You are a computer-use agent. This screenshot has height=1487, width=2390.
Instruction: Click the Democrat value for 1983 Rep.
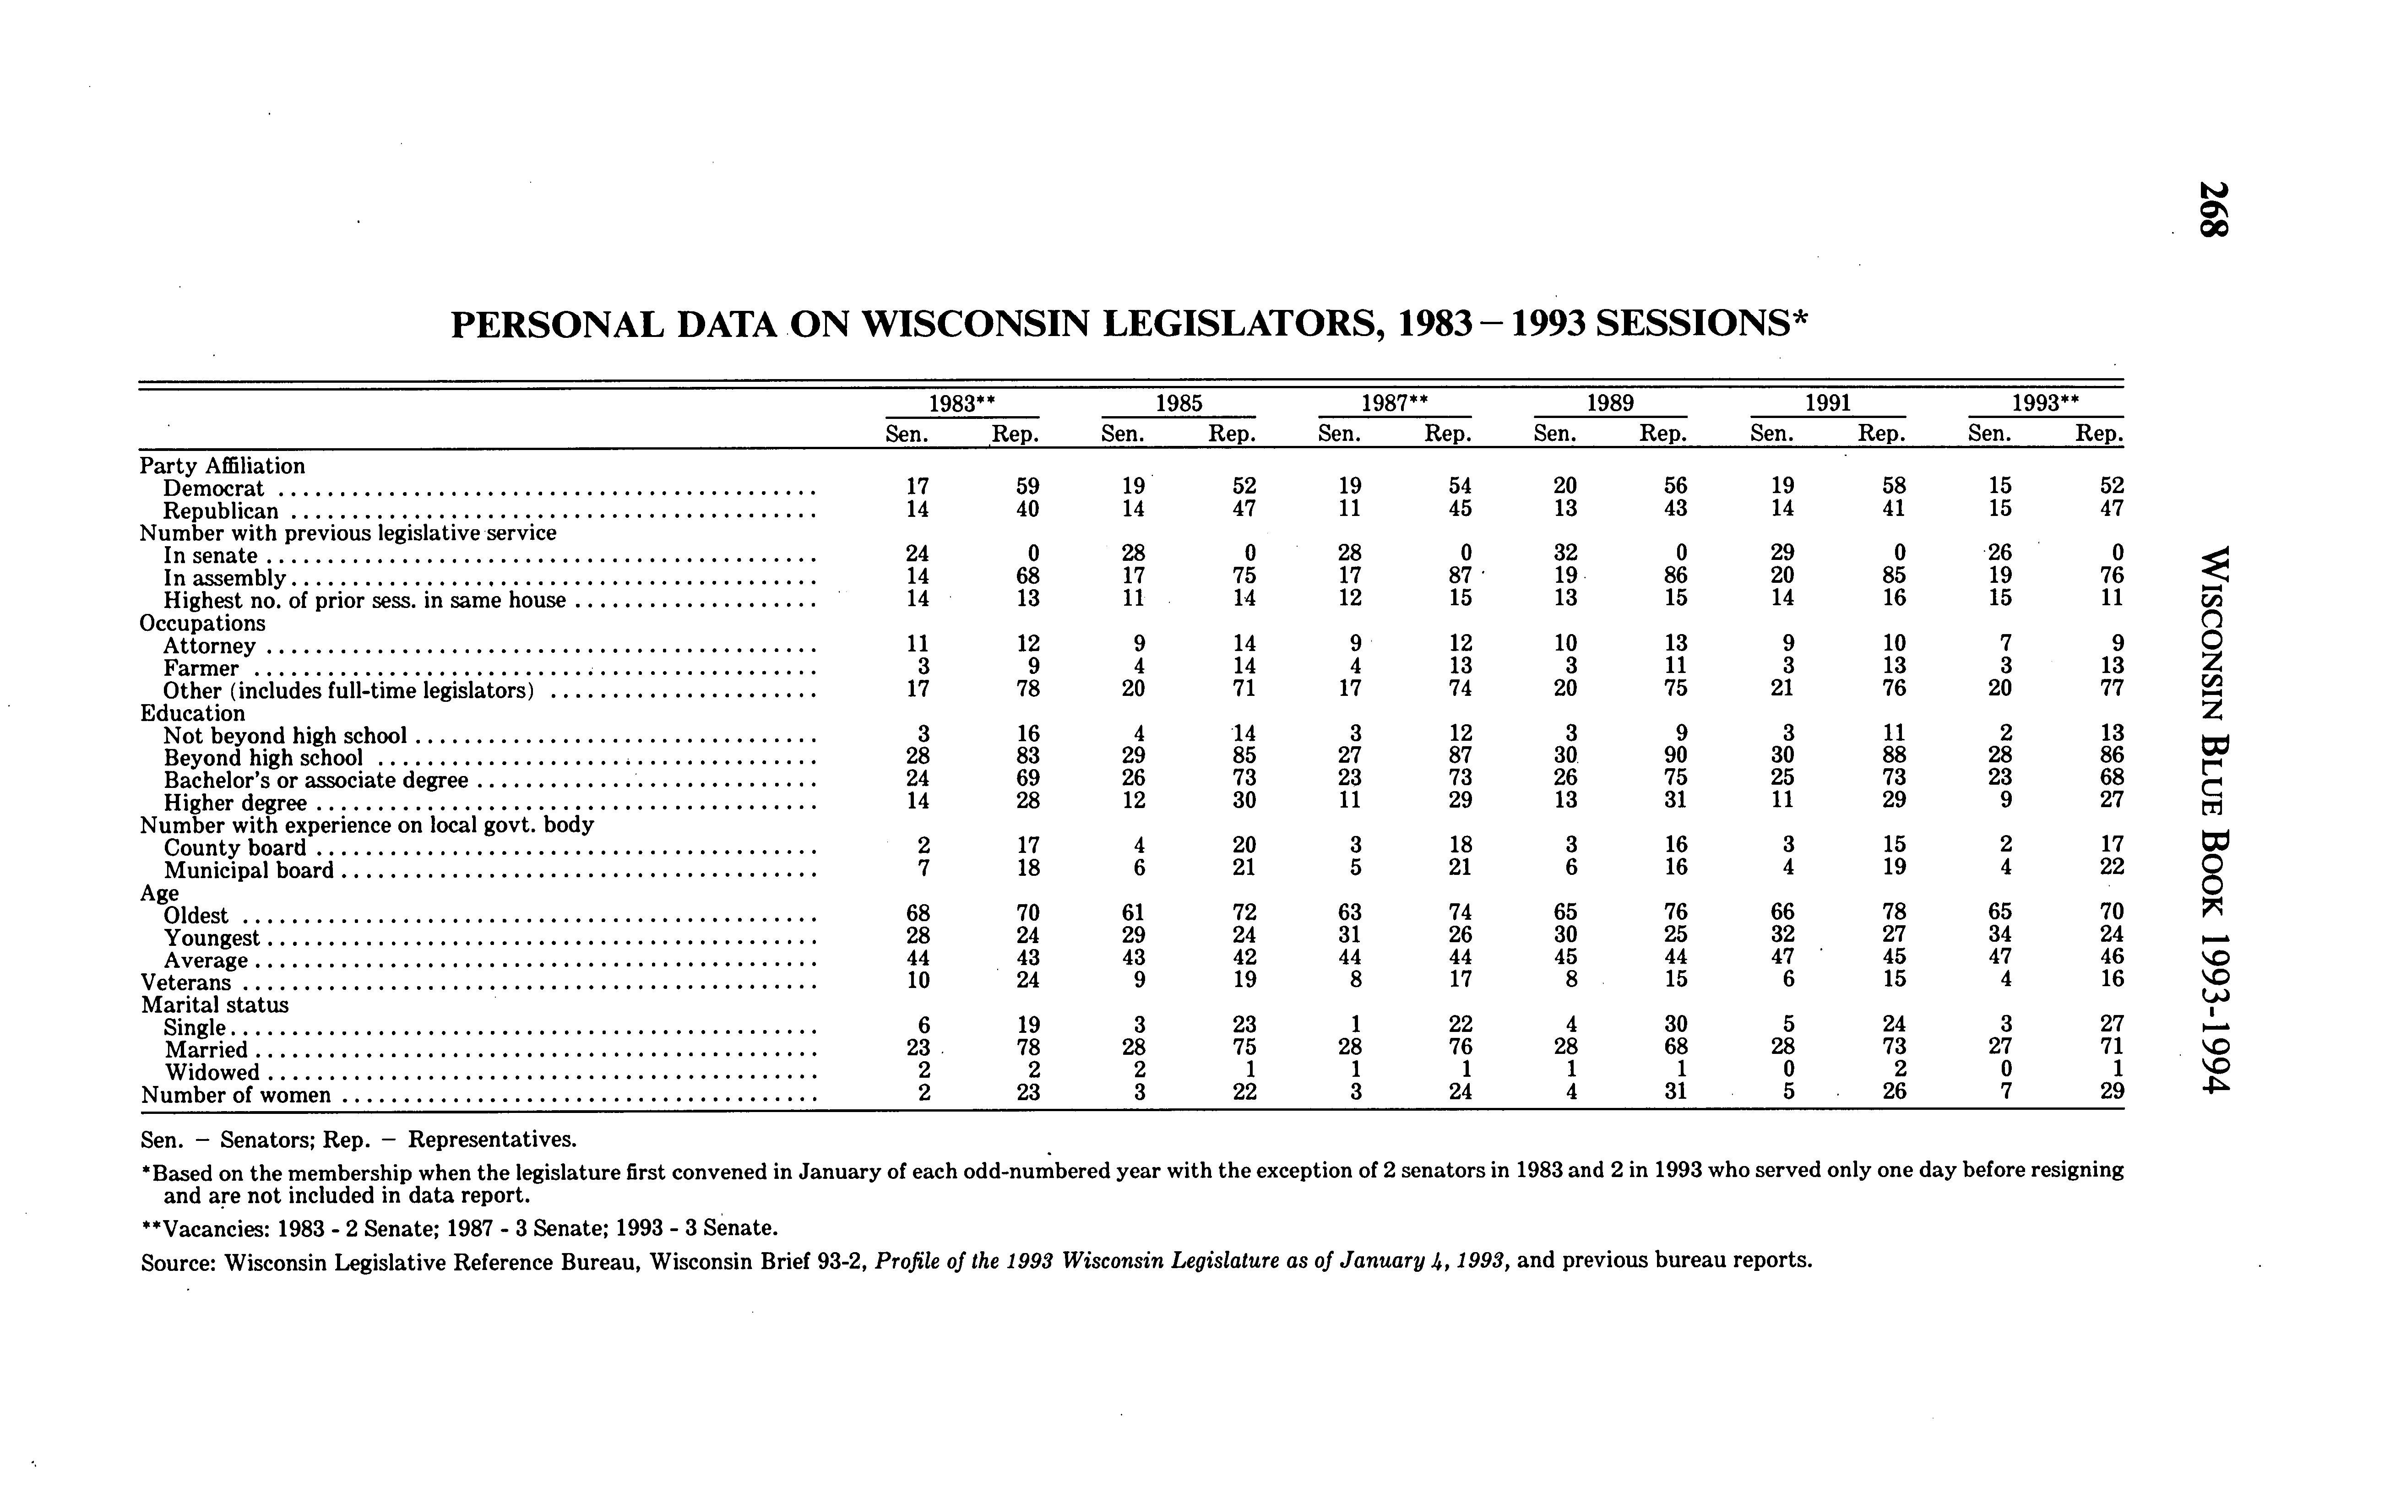[1028, 486]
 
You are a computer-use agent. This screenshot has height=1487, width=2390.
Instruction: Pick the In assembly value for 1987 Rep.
[1461, 575]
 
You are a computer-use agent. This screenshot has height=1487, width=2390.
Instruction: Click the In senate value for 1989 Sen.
[1566, 553]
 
